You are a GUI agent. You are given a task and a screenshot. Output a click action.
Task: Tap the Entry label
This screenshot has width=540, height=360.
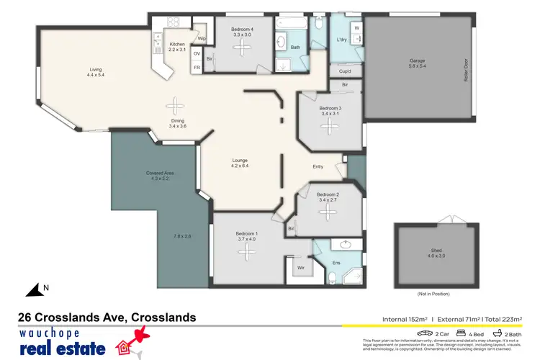(x=318, y=166)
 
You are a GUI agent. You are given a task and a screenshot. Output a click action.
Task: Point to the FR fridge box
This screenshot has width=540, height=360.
(x=197, y=68)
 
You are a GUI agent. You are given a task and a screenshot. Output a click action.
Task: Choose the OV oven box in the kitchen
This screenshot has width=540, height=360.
(x=197, y=53)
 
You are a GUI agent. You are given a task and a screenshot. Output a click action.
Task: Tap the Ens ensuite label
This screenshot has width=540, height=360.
(x=336, y=262)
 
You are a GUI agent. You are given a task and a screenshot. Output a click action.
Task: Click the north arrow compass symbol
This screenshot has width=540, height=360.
(x=35, y=290)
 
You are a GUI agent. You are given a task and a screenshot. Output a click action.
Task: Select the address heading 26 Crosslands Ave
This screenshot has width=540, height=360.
(x=107, y=317)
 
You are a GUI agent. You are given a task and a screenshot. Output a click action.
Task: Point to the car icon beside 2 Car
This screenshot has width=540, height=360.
(x=426, y=333)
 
